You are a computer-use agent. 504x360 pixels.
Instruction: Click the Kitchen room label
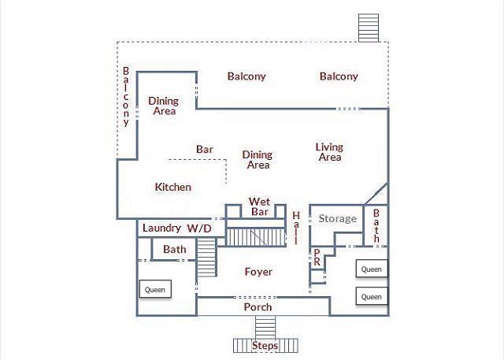pyautogui.click(x=173, y=187)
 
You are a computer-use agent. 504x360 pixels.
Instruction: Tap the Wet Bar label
pyautogui.click(x=259, y=206)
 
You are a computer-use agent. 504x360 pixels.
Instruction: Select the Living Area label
pyautogui.click(x=329, y=152)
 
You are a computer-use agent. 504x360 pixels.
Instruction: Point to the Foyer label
pyautogui.click(x=258, y=272)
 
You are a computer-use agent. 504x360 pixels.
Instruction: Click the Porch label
pyautogui.click(x=258, y=307)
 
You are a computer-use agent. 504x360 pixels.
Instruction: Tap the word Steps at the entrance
pyautogui.click(x=265, y=346)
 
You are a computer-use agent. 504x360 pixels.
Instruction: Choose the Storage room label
pyautogui.click(x=338, y=219)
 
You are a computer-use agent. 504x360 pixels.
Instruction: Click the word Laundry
pyautogui.click(x=161, y=228)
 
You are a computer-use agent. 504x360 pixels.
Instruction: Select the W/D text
pyautogui.click(x=199, y=228)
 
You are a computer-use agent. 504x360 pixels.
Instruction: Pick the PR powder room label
pyautogui.click(x=317, y=258)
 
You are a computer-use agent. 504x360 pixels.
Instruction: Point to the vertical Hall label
pyautogui.click(x=296, y=228)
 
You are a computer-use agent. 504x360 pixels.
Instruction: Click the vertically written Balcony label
pyautogui.click(x=126, y=96)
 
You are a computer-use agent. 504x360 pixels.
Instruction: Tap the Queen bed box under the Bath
pyautogui.click(x=155, y=288)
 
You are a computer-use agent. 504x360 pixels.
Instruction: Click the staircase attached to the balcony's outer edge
pyautogui.click(x=369, y=28)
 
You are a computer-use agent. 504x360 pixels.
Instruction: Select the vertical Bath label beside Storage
pyautogui.click(x=376, y=225)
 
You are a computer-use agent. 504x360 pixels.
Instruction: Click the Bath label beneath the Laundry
pyautogui.click(x=175, y=249)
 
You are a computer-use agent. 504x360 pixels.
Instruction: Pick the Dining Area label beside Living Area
pyautogui.click(x=258, y=160)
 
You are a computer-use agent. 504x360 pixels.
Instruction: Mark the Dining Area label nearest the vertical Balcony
pyautogui.click(x=164, y=106)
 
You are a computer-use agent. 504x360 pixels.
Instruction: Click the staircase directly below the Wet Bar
pyautogui.click(x=256, y=237)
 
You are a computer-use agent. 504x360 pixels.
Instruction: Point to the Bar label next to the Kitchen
pyautogui.click(x=205, y=150)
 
